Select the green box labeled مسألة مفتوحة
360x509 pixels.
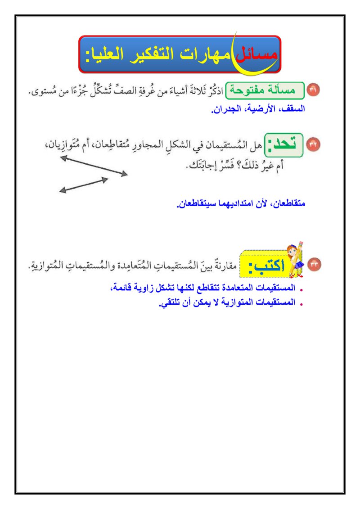coord(265,90)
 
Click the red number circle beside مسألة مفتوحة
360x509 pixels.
coord(314,90)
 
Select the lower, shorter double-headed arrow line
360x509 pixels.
coord(84,185)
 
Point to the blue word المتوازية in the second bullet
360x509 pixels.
coord(243,303)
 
